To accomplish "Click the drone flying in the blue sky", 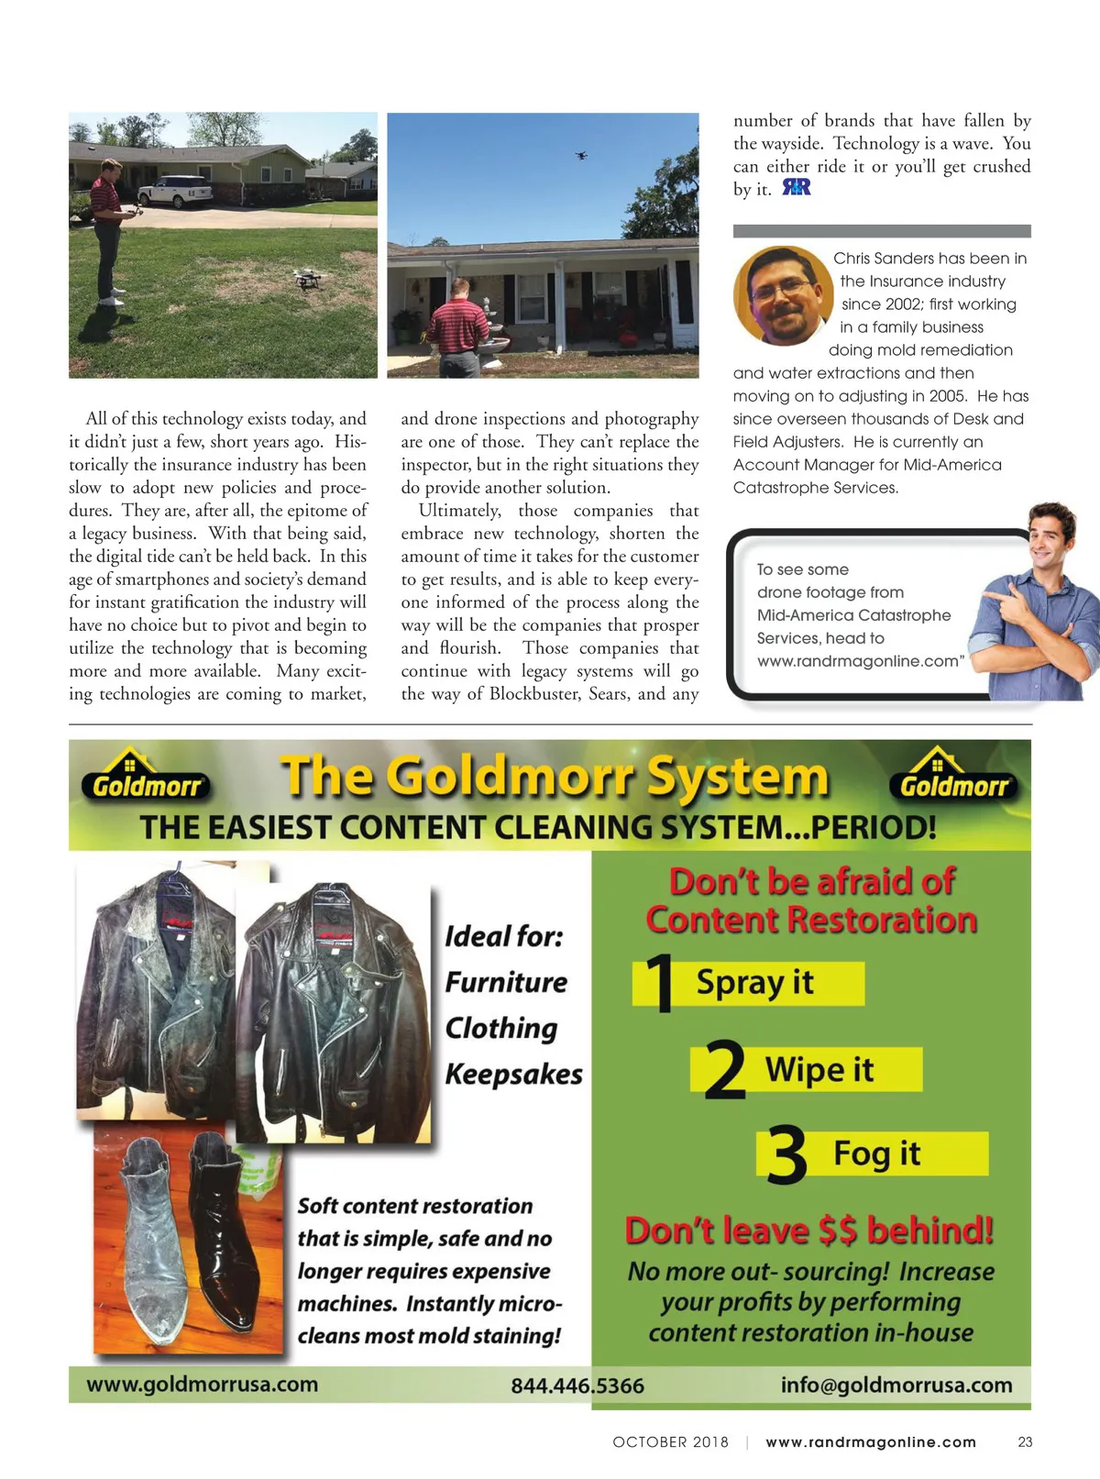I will [580, 155].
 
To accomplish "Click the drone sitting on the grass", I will [307, 279].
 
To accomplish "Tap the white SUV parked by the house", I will [175, 191].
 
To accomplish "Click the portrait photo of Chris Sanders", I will [782, 295].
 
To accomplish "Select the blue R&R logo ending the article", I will [796, 188].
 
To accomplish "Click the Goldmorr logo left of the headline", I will [147, 778].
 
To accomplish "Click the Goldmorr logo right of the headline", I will [953, 778].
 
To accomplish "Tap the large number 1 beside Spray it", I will [659, 983].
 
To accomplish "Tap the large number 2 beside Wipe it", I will [724, 1069].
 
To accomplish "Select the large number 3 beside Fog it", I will [786, 1155].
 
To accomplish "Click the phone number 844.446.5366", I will [577, 1385].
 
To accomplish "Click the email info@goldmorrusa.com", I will [896, 1385].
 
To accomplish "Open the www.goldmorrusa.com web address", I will [202, 1384].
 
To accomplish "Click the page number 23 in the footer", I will [1025, 1442].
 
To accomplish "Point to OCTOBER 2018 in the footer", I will [670, 1442].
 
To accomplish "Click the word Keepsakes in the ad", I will [513, 1074].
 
